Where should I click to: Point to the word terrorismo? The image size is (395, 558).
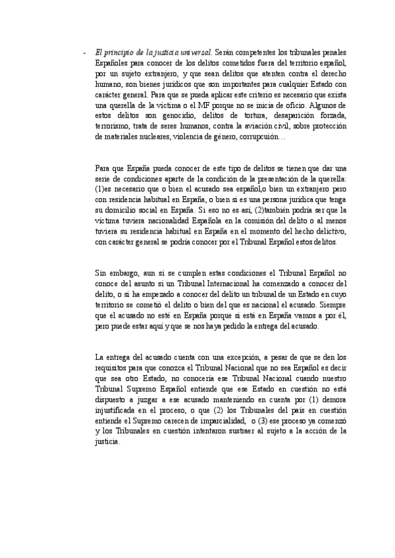click(113, 126)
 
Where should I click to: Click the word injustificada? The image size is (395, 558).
click(122, 411)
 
